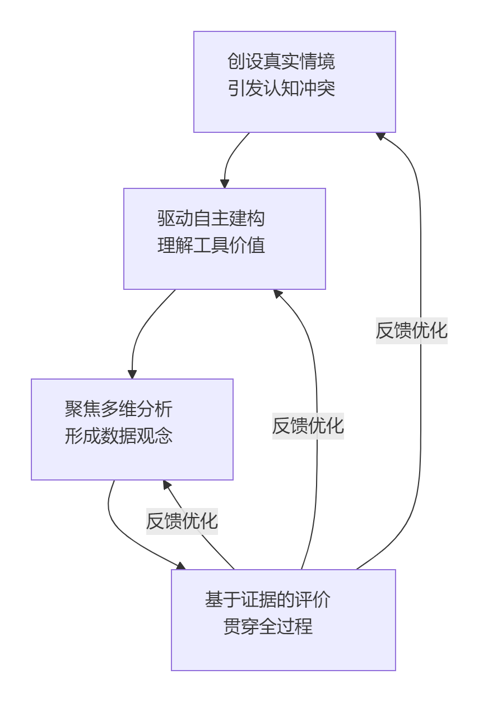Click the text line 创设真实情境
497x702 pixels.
pyautogui.click(x=281, y=61)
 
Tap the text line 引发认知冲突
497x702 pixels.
pyautogui.click(x=281, y=89)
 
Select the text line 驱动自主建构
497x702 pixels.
pyautogui.click(x=211, y=218)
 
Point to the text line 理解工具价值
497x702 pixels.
pyautogui.click(x=211, y=246)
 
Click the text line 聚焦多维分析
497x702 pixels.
pyautogui.click(x=118, y=409)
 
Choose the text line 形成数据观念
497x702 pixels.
pyautogui.click(x=118, y=436)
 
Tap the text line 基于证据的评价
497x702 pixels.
pyautogui.click(x=268, y=599)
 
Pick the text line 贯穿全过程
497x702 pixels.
pyautogui.click(x=268, y=626)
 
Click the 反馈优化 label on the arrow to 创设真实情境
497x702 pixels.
pyautogui.click(x=412, y=330)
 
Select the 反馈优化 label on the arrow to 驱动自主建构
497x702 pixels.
pyautogui.click(x=308, y=426)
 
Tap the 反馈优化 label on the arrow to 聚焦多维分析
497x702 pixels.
pyautogui.click(x=182, y=521)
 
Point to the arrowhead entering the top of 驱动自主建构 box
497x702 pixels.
pyautogui.click(x=225, y=184)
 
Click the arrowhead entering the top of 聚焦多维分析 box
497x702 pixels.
pyautogui.click(x=132, y=375)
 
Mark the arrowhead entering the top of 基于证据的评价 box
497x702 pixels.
pyautogui.click(x=181, y=566)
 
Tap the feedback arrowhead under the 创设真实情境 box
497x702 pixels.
pyautogui.click(x=380, y=136)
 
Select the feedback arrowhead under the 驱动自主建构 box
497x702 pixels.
pyautogui.click(x=277, y=293)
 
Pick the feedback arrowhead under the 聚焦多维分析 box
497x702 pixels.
pyautogui.click(x=166, y=484)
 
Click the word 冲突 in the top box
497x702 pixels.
pyautogui.click(x=317, y=89)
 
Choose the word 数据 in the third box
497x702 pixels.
pyautogui.click(x=118, y=436)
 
